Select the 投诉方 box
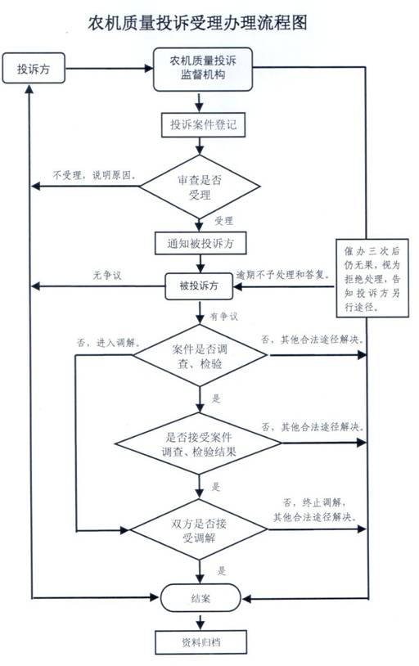click(34, 70)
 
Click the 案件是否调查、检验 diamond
click(200, 357)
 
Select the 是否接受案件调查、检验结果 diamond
click(200, 443)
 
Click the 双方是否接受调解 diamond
click(200, 527)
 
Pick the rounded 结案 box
click(200, 598)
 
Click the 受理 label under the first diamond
click(223, 221)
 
